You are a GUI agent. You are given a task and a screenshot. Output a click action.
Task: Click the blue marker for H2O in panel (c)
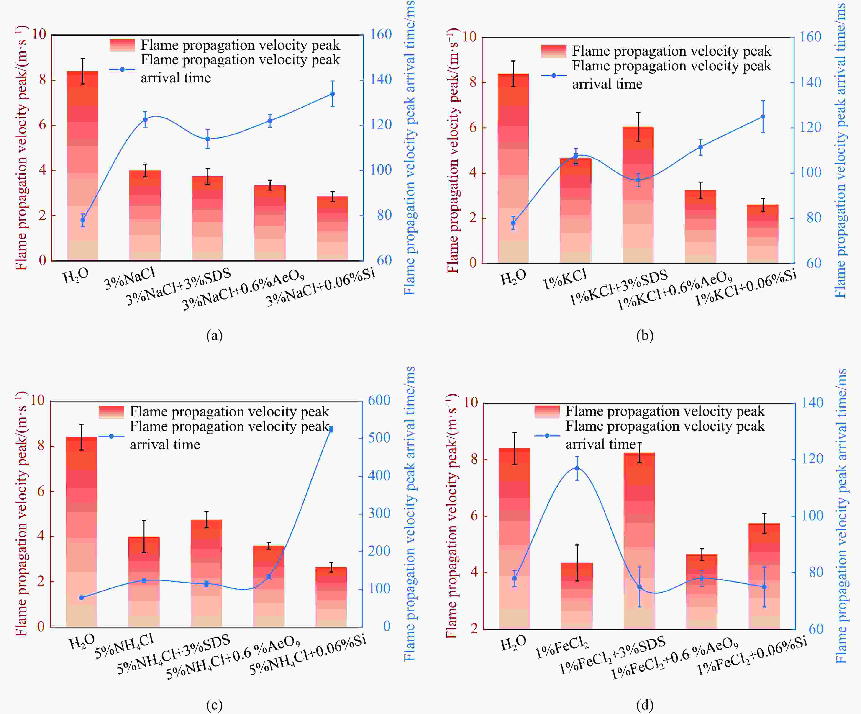pos(81,598)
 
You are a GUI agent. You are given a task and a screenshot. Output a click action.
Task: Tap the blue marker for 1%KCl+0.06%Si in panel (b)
pos(763,117)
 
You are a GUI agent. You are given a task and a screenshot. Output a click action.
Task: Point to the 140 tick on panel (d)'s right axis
pos(812,403)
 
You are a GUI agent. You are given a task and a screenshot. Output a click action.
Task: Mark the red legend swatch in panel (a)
pos(122,45)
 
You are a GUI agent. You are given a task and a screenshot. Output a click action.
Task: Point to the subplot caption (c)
pos(214,705)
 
